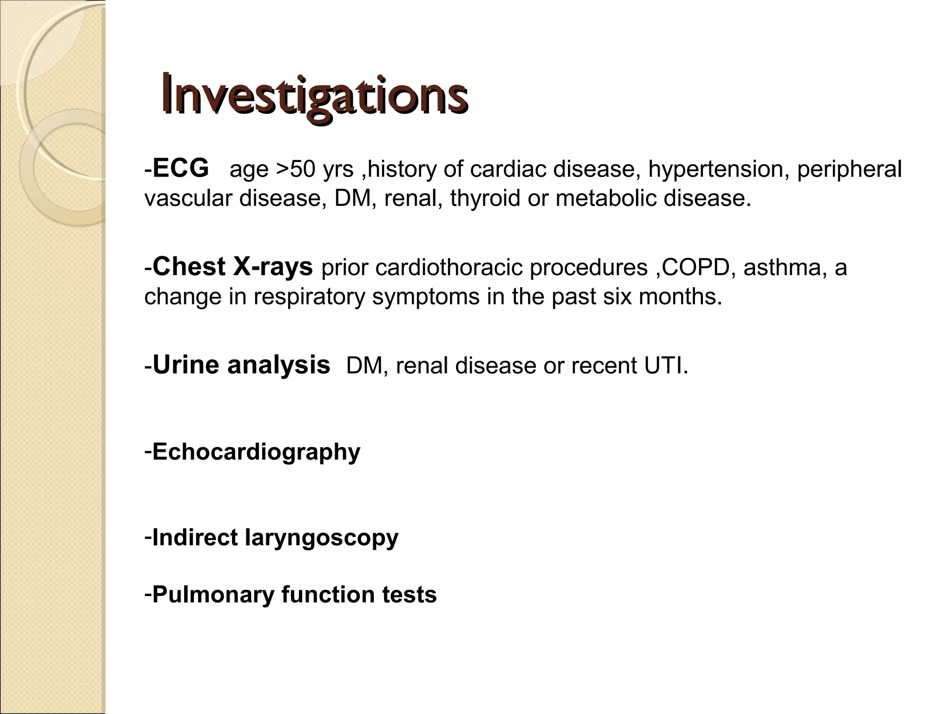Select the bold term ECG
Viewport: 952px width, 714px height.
click(180, 168)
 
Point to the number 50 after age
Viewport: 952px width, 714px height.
click(303, 169)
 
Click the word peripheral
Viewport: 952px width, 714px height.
click(849, 169)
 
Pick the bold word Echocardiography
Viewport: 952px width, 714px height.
click(256, 452)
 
